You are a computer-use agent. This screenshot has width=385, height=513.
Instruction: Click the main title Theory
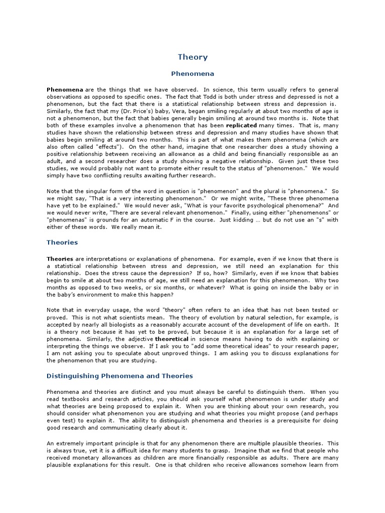(192, 57)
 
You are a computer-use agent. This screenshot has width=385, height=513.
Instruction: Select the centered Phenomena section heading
(192, 74)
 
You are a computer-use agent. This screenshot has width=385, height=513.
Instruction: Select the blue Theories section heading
(62, 242)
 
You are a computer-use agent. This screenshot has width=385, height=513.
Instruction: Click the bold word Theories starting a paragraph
(60, 258)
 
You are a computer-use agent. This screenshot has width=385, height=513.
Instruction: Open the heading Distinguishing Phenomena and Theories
(119, 376)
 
